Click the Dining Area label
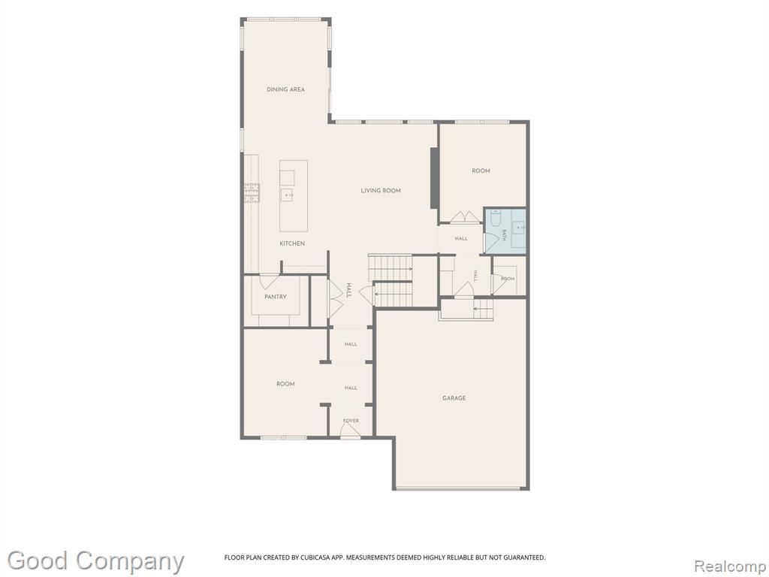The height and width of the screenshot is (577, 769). pos(285,89)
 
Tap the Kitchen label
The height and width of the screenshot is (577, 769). pos(292,243)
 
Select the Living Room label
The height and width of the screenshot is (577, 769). pos(381,190)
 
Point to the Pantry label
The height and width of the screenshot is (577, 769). pos(275,297)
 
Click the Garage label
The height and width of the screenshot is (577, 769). pos(454,398)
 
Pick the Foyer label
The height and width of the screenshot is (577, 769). pos(351,421)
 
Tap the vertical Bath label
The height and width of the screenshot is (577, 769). pos(504,235)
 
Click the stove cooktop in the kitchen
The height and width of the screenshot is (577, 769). pos(252,193)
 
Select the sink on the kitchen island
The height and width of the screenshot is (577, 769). pos(287,195)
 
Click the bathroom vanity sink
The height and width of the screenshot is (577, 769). pos(518,228)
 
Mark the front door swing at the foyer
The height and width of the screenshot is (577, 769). pos(350,430)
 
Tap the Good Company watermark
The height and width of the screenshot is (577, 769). pos(95,561)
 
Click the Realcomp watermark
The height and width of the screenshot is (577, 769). pos(730,566)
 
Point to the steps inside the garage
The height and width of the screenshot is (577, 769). pos(483,310)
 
